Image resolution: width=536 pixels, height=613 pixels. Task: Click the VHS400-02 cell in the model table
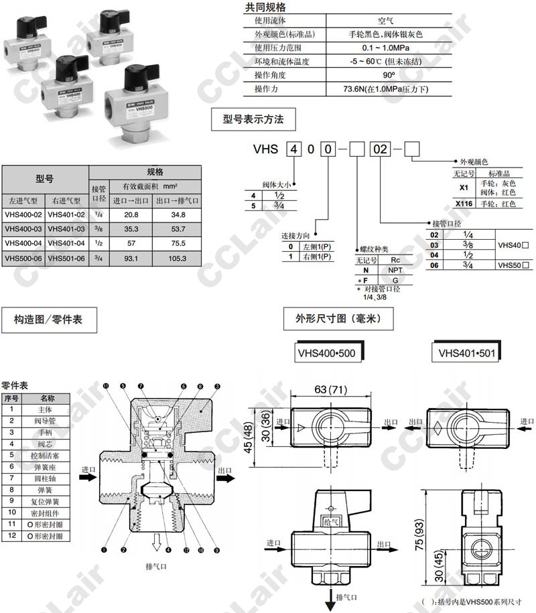(x=23, y=214)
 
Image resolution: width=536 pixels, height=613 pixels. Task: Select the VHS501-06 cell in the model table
(x=67, y=258)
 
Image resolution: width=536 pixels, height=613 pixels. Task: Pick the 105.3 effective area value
(x=178, y=258)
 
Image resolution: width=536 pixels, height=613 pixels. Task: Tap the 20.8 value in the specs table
(x=131, y=214)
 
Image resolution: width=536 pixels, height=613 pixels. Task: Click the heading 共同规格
(x=265, y=7)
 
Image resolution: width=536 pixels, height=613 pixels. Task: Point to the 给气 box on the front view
(x=332, y=520)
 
